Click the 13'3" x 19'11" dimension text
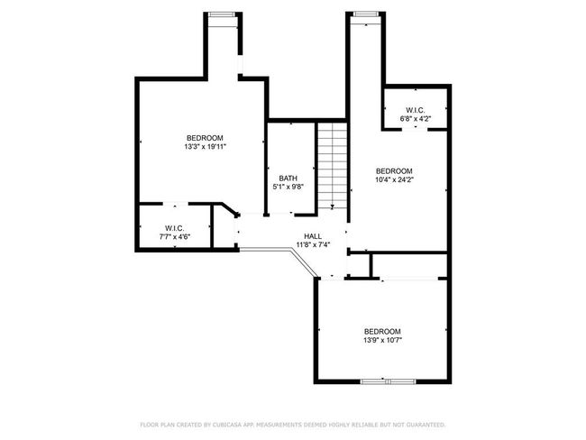click(206, 147)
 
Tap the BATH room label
click(288, 178)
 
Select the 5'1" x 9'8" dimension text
click(288, 187)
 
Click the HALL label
click(313, 236)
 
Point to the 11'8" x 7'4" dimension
click(313, 245)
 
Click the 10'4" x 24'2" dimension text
click(394, 179)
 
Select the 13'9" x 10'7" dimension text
click(382, 340)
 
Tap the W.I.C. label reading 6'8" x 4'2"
click(416, 110)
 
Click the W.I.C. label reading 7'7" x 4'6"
click(175, 227)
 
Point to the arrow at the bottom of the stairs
click(333, 206)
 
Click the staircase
click(333, 167)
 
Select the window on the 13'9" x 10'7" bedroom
click(388, 381)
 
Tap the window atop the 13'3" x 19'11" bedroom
click(222, 14)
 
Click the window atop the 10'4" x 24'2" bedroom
click(365, 14)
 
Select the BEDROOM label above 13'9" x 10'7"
click(382, 332)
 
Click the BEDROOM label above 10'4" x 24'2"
click(394, 170)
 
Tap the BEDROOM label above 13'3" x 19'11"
click(205, 138)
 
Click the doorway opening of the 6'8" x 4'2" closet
click(415, 129)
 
